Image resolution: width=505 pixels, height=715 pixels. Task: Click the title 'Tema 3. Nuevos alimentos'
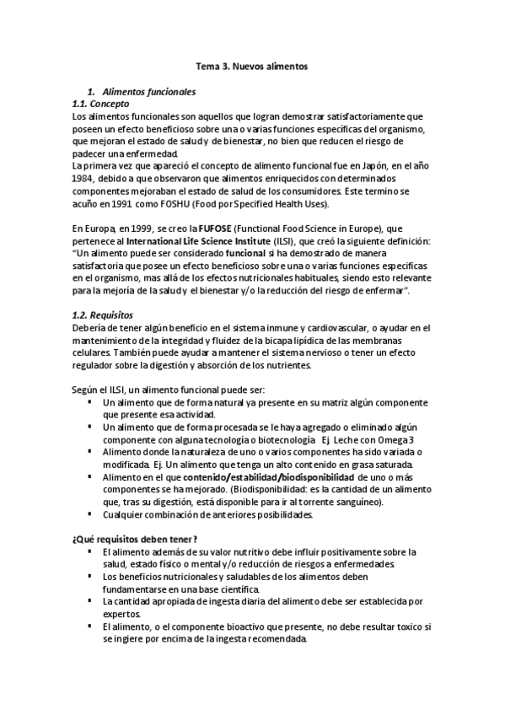pyautogui.click(x=252, y=64)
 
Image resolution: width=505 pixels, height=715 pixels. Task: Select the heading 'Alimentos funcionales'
pyautogui.click(x=148, y=90)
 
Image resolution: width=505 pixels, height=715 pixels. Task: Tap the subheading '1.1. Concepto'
pyautogui.click(x=100, y=103)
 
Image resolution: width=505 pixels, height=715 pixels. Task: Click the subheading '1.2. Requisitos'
pyautogui.click(x=104, y=314)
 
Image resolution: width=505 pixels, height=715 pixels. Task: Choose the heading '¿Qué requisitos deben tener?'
pyautogui.click(x=136, y=540)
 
